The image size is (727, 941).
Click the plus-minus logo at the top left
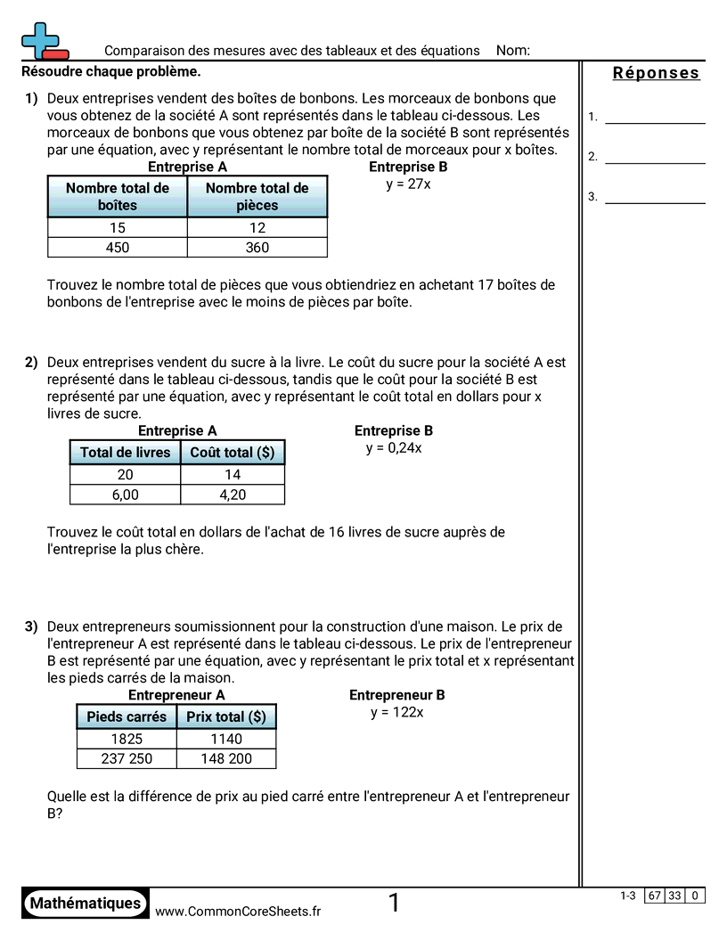coord(44,42)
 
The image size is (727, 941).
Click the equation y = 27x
coord(408,184)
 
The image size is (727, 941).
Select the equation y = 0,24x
coord(393,447)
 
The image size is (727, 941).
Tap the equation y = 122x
coord(396,712)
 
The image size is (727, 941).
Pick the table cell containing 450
coord(118,248)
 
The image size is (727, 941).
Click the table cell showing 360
coord(257,248)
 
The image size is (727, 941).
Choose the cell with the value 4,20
coord(233,495)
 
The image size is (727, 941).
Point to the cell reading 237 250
coord(127,758)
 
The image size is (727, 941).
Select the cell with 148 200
coord(227,758)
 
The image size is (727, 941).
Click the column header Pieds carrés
coord(127,716)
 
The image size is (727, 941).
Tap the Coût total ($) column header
coord(233,452)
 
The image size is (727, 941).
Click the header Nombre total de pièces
coord(257,196)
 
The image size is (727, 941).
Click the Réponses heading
coord(657,73)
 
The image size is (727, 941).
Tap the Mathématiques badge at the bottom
coord(86,903)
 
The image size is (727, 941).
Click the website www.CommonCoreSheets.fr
coord(238,911)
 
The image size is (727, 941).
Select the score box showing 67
coord(655,896)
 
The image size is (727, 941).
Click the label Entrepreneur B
coord(396,695)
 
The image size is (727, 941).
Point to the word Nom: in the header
coord(513,51)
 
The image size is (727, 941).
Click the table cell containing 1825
coord(127,739)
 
